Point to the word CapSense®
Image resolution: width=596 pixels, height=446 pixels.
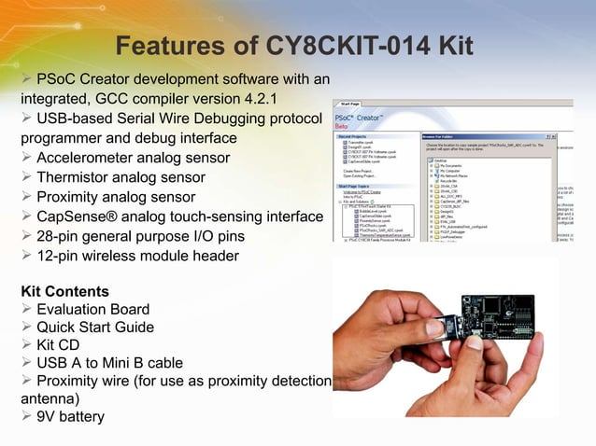73,216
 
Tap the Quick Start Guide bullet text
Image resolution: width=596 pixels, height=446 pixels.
95,328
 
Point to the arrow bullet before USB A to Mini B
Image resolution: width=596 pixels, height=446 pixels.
26,363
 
